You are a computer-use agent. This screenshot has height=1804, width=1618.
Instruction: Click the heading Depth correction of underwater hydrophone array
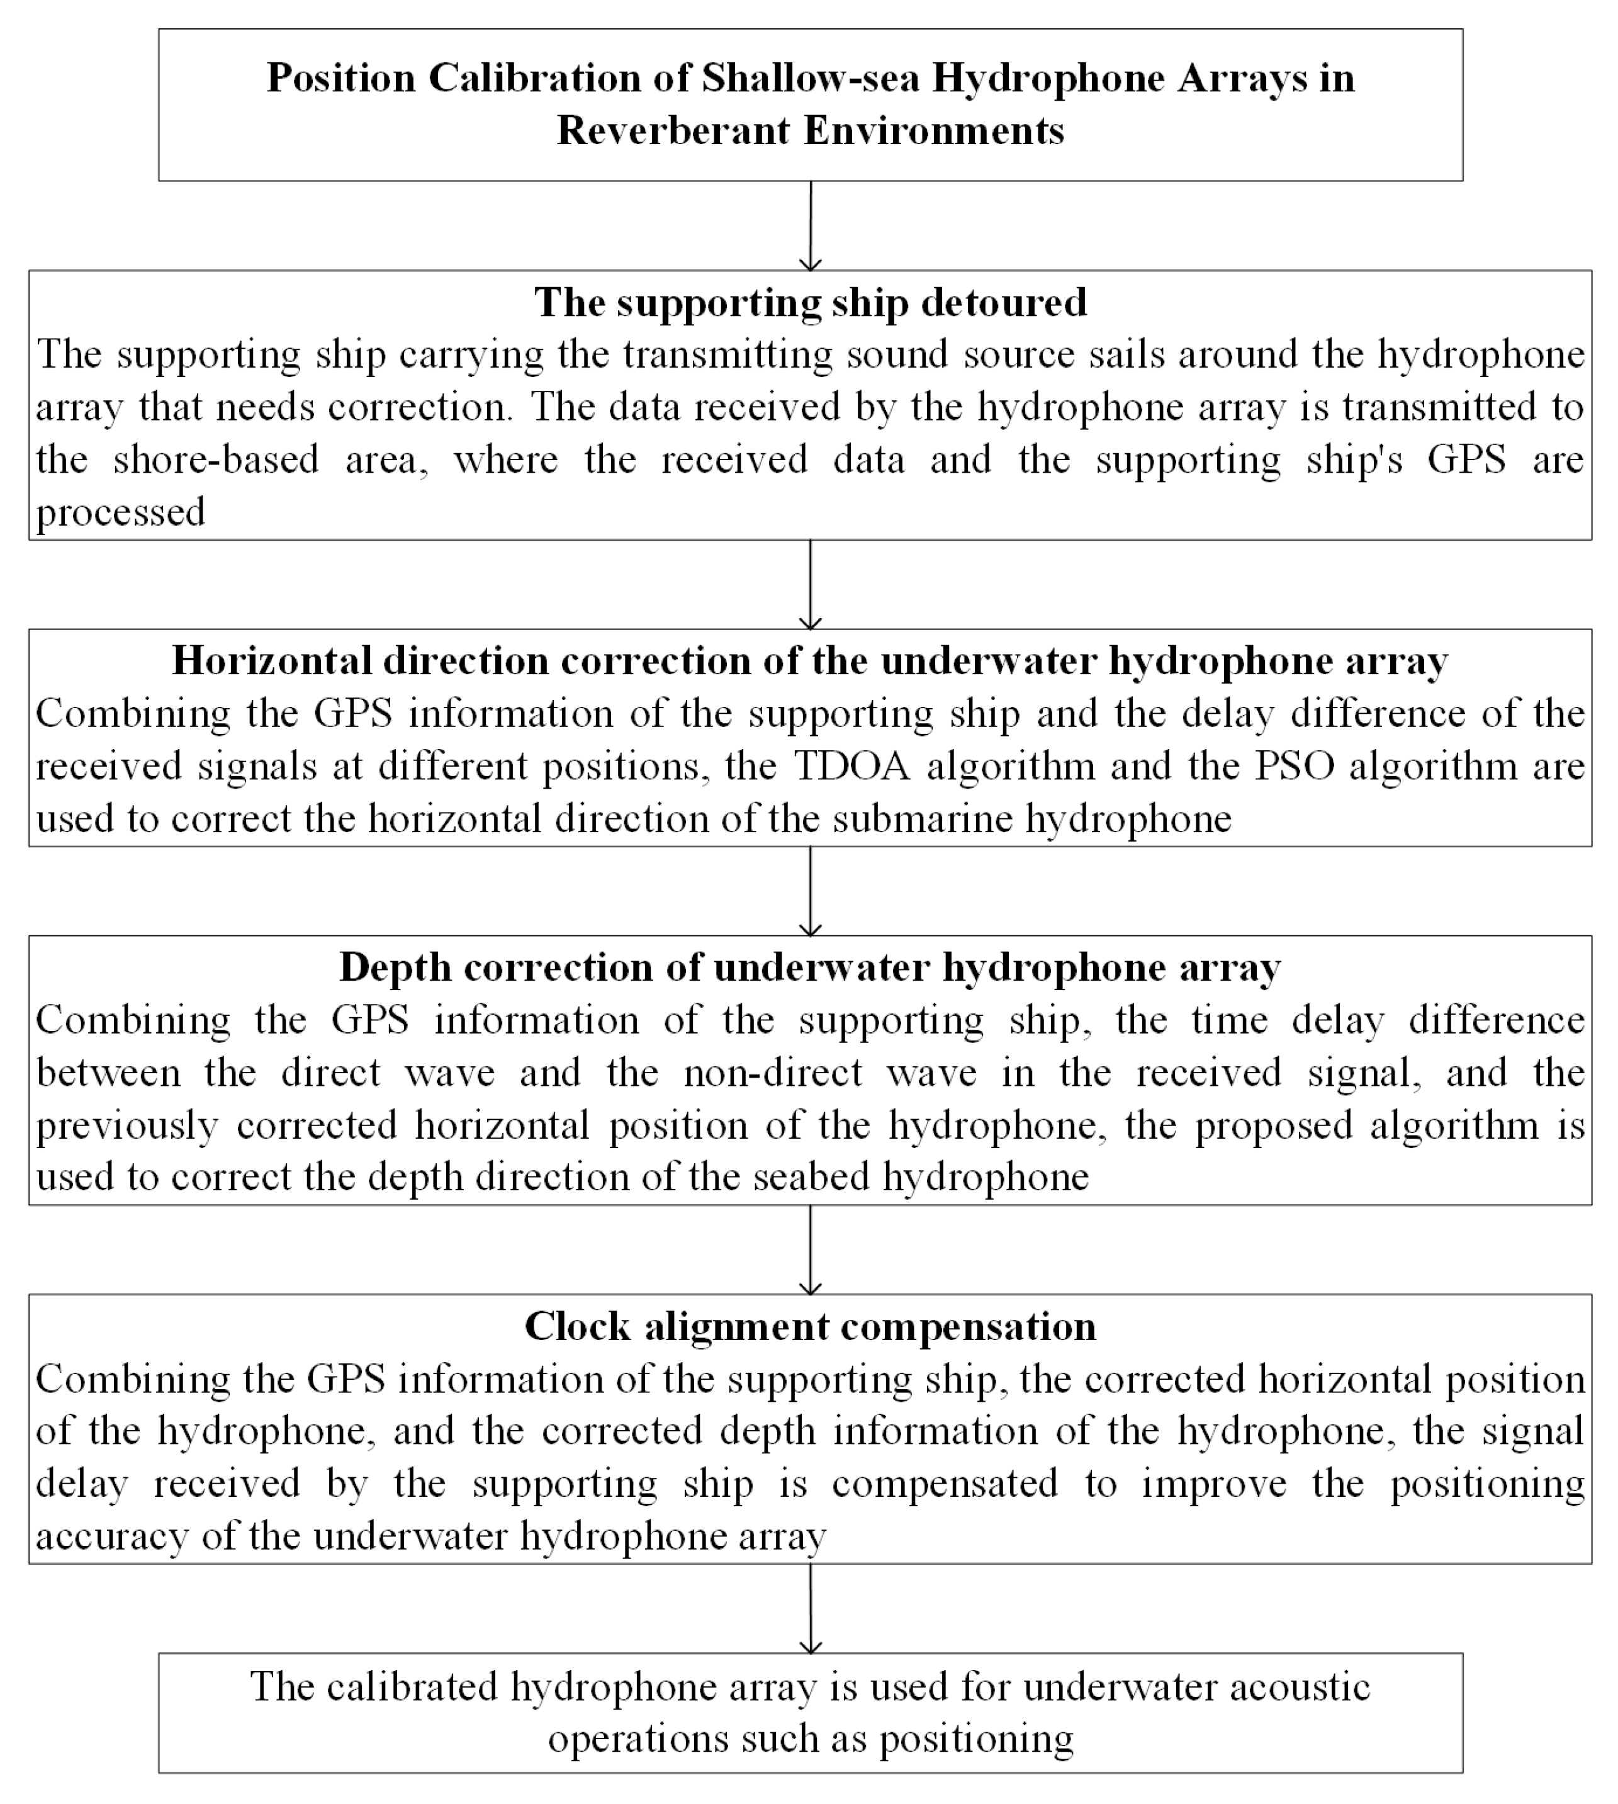(810, 967)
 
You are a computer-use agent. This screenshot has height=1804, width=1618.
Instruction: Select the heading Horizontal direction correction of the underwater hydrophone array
(810, 661)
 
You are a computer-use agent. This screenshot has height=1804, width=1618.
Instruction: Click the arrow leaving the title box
(810, 226)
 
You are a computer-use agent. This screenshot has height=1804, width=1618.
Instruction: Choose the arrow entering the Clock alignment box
(810, 1250)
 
